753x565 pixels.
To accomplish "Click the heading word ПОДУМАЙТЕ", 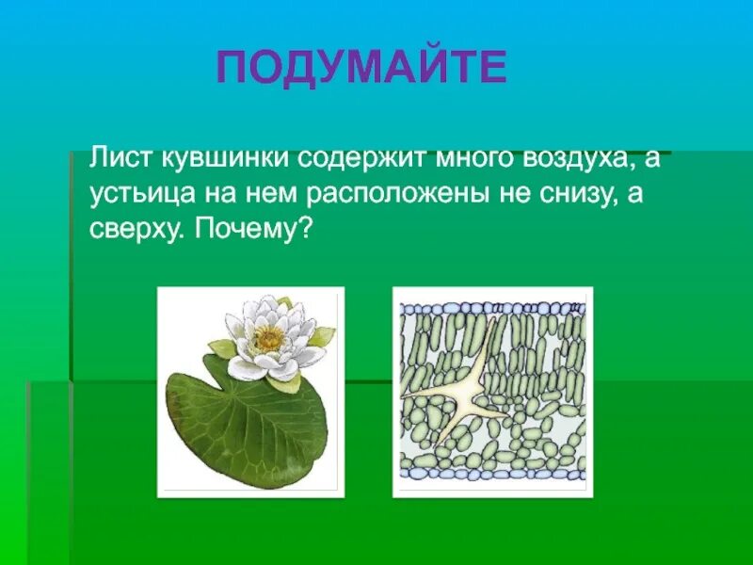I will tap(361, 69).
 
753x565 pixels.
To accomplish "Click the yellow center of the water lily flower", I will tap(271, 336).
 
